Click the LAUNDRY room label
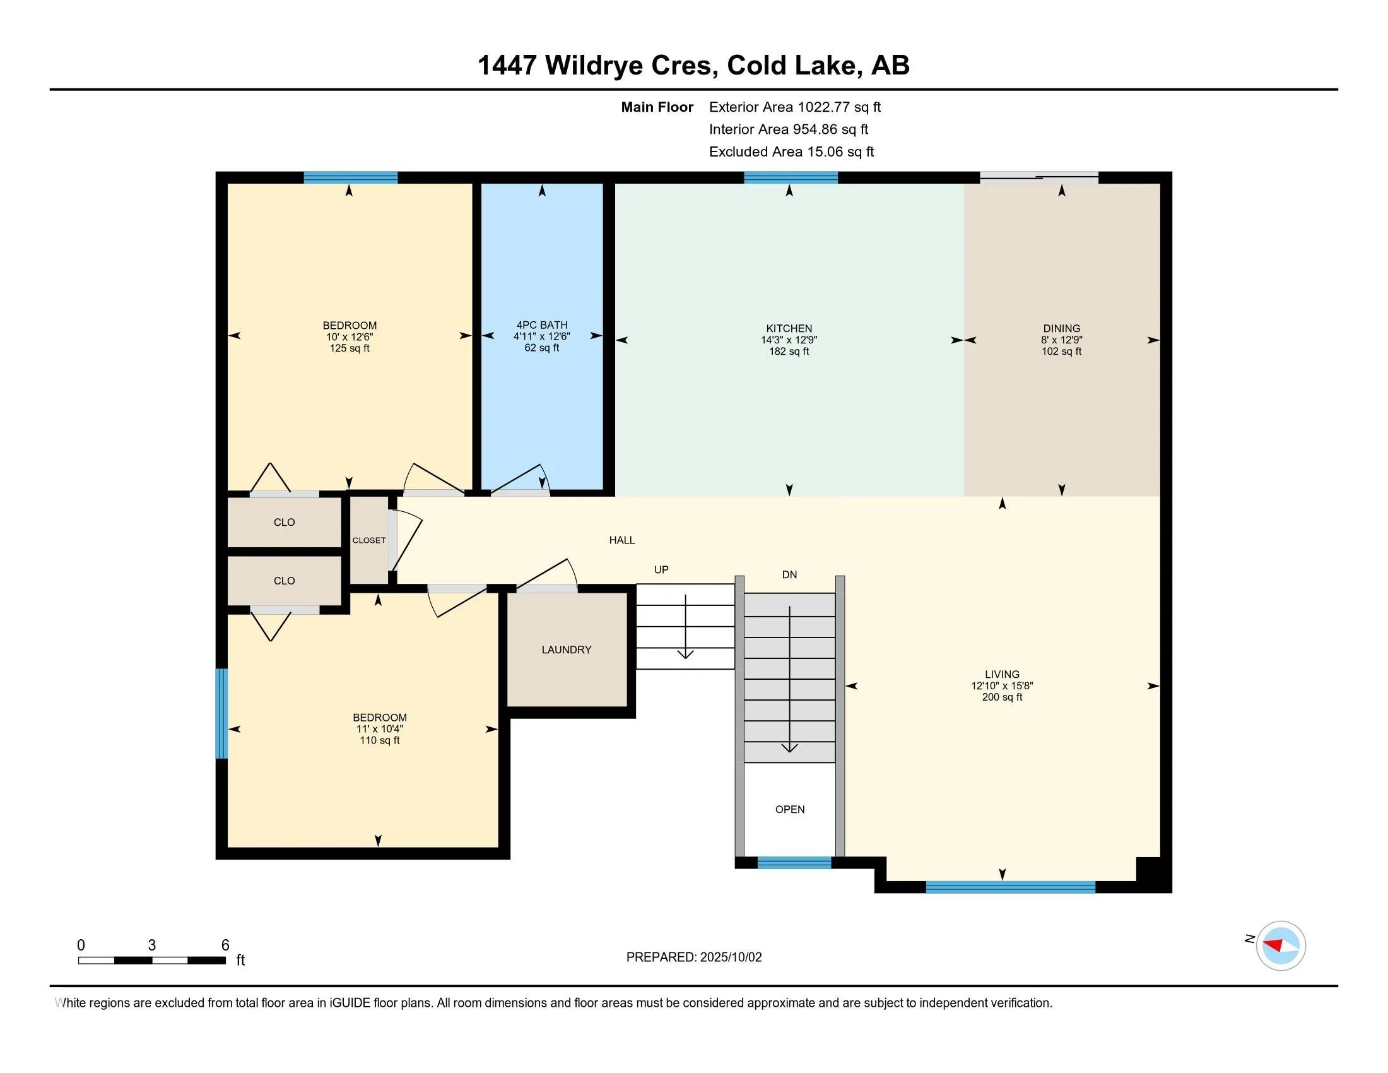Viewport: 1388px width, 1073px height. (567, 649)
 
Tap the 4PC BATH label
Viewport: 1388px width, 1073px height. (542, 325)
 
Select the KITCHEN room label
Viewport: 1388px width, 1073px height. (789, 329)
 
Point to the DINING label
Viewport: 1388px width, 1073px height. (1061, 329)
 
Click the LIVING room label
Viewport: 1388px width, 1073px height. (1003, 675)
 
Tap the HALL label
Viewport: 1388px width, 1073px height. (622, 540)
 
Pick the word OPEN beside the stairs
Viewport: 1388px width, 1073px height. (790, 809)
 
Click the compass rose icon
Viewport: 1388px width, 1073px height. (1281, 946)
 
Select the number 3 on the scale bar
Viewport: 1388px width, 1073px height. (152, 946)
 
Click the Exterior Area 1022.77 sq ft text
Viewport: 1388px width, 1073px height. (795, 107)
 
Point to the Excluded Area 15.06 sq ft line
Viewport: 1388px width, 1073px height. (792, 152)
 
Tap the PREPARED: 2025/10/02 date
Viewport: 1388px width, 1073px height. (694, 957)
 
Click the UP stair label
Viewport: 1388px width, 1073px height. (662, 570)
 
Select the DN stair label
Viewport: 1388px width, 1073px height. (789, 574)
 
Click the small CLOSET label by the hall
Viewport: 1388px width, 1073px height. (369, 540)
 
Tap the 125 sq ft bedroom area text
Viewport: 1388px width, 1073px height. (350, 348)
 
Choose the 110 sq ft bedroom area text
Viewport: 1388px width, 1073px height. (380, 740)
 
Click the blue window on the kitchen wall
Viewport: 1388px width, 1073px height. (791, 177)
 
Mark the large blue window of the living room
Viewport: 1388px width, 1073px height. (1011, 887)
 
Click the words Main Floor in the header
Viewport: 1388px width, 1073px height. (657, 107)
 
